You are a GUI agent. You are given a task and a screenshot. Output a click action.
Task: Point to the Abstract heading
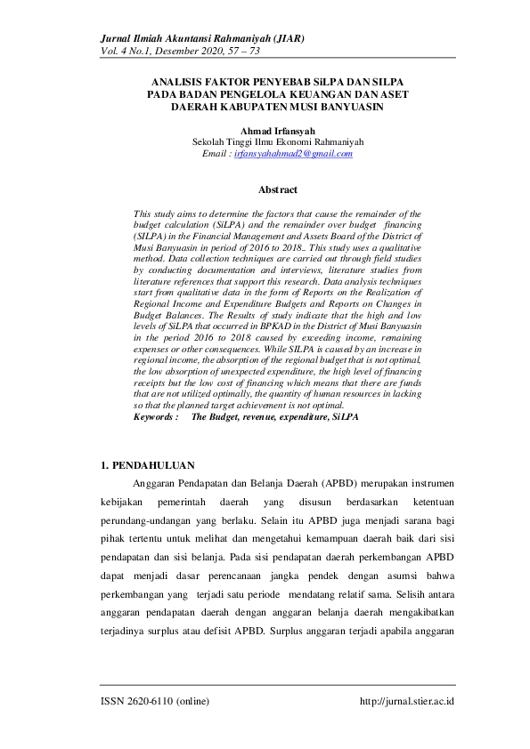277,189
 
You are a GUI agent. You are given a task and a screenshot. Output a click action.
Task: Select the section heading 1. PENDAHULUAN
147,465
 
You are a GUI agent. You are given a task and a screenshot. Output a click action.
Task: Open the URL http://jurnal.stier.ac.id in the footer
407,701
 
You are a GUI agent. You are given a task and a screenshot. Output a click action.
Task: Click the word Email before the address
216,154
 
